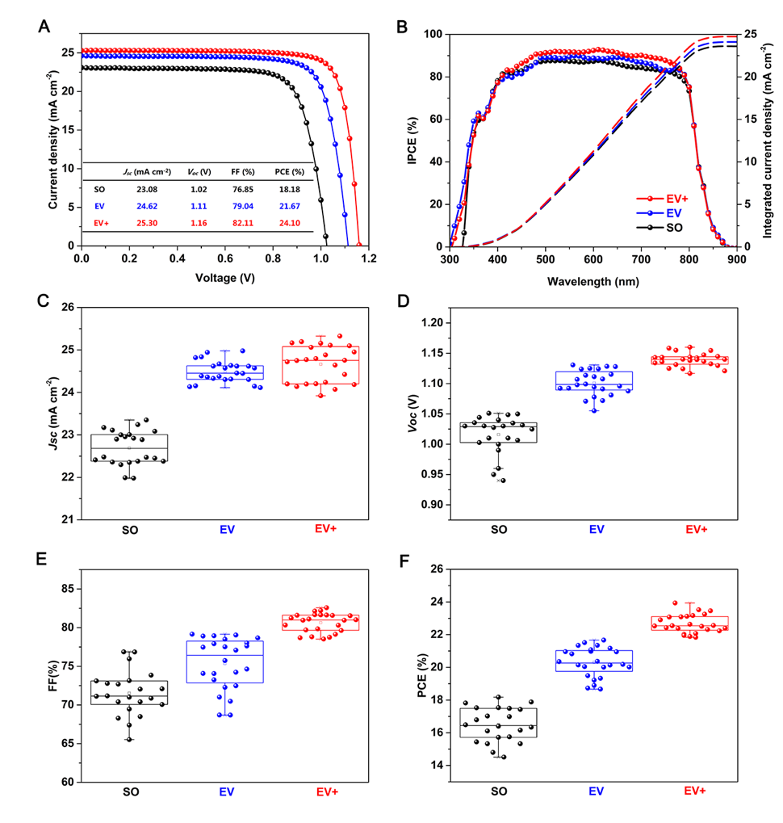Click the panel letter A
46,26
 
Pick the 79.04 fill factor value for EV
254,207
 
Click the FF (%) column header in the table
254,172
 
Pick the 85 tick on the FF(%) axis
67,589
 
